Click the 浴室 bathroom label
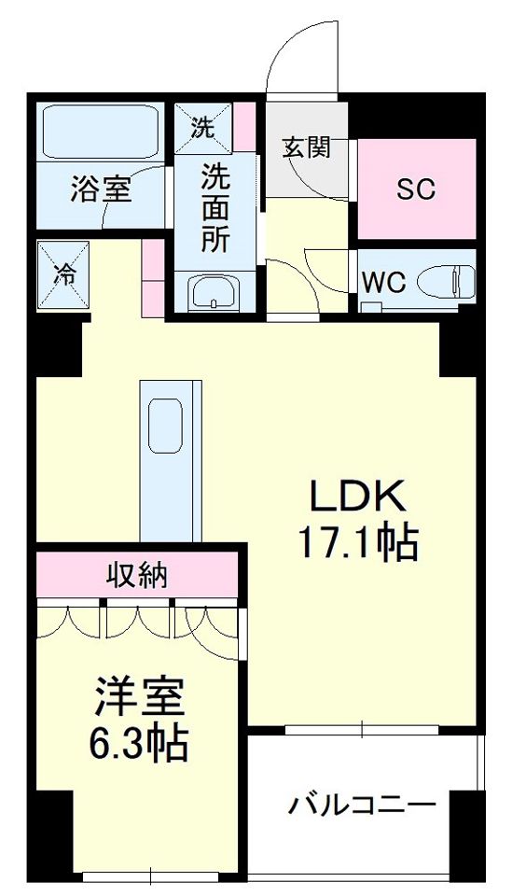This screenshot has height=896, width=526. tap(101, 189)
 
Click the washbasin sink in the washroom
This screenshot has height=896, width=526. tap(215, 294)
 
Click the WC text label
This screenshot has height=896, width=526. tap(384, 283)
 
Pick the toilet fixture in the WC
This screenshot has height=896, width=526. tap(443, 280)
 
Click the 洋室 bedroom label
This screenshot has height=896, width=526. tap(140, 695)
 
